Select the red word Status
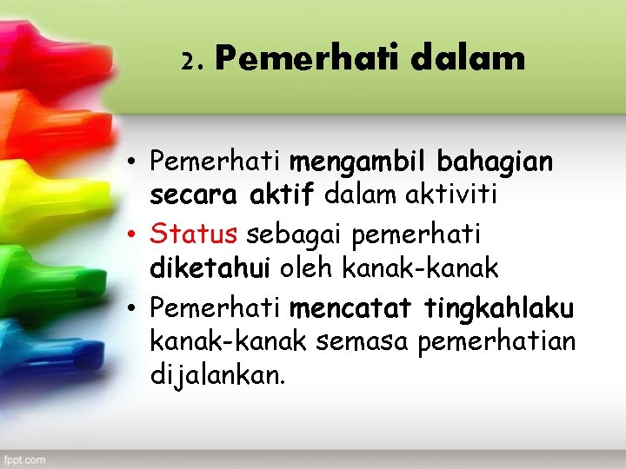[193, 233]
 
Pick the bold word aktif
[282, 196]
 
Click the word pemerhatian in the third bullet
[496, 341]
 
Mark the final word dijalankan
[217, 377]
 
